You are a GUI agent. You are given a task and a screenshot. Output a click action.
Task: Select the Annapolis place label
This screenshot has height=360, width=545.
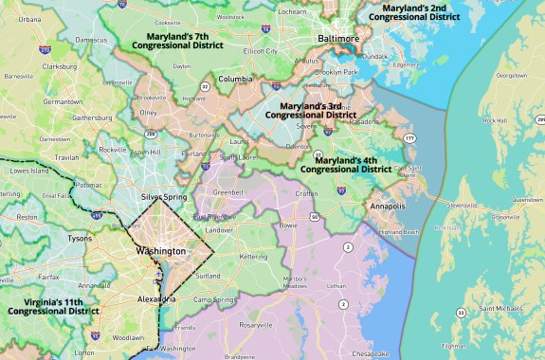tap(388, 206)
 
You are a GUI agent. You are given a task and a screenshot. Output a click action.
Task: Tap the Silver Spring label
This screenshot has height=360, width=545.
tap(165, 197)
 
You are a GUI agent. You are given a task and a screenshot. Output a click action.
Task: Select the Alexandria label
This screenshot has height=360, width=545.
tap(155, 298)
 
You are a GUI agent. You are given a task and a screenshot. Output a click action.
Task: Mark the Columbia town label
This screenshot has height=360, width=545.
tap(236, 79)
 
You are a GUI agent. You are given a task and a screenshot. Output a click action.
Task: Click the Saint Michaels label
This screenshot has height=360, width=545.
tap(500, 308)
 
